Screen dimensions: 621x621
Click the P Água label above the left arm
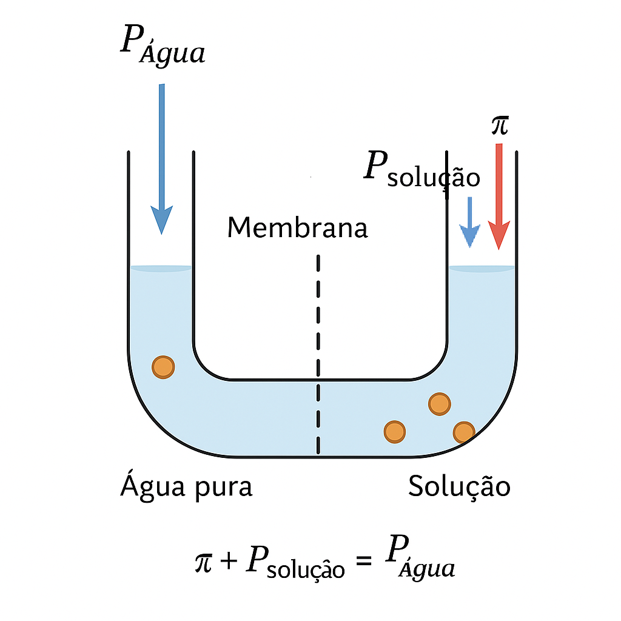(x=163, y=44)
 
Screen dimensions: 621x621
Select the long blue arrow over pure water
(x=161, y=158)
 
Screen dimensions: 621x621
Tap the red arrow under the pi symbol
(x=498, y=196)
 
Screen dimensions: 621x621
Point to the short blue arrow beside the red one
(x=470, y=222)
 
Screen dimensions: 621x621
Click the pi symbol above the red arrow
(x=500, y=125)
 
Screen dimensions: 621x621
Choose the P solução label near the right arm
(x=422, y=169)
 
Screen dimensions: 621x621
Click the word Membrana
(x=297, y=228)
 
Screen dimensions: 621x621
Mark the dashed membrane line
(x=318, y=354)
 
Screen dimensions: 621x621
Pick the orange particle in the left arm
(x=163, y=367)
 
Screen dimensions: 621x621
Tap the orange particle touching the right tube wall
(x=464, y=432)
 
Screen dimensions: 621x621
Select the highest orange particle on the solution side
(x=440, y=404)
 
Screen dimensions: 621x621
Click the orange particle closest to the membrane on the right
(x=395, y=432)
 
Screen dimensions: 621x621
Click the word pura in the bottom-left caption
(x=224, y=488)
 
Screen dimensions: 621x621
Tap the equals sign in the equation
(x=364, y=560)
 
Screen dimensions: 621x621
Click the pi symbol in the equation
(x=204, y=562)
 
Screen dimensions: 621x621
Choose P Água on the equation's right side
(x=420, y=557)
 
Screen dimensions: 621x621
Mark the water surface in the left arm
(x=161, y=269)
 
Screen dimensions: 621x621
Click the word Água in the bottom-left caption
(x=153, y=485)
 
